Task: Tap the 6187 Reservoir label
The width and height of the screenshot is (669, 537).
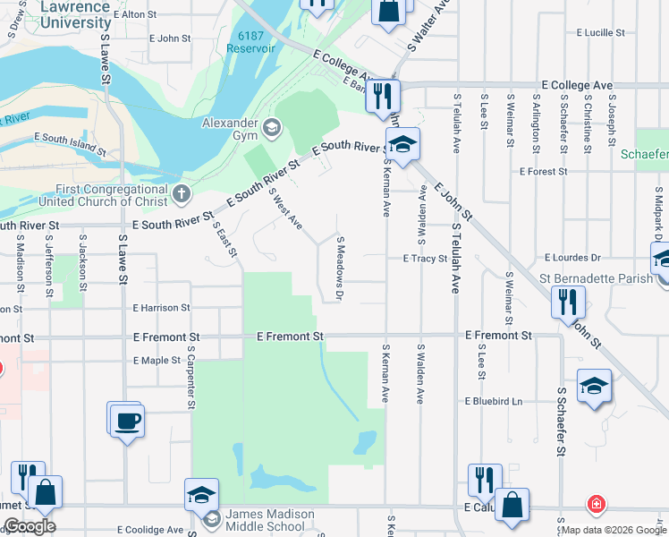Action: (x=250, y=42)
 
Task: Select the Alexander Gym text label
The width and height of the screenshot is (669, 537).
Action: (x=230, y=124)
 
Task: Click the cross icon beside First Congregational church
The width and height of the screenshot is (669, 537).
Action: (x=182, y=192)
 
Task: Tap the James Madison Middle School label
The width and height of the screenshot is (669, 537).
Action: (x=269, y=520)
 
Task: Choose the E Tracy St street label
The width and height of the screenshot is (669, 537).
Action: (x=425, y=258)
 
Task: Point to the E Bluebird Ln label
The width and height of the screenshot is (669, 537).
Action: (x=493, y=401)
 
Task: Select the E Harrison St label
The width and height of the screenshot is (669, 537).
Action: (x=161, y=308)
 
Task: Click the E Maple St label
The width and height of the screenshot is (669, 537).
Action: (x=157, y=361)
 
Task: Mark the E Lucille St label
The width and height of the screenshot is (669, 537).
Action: (x=601, y=32)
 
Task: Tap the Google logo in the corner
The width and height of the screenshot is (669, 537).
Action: (x=30, y=527)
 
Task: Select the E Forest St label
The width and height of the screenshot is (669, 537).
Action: (x=544, y=172)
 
